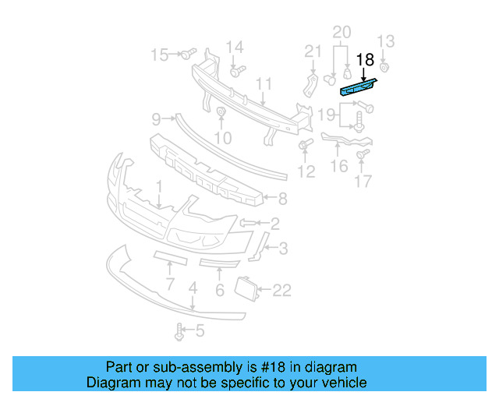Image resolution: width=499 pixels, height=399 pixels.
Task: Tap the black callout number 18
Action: tap(365, 59)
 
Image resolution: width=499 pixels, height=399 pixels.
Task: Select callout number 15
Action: tap(159, 55)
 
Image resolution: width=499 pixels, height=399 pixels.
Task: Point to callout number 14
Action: tap(235, 46)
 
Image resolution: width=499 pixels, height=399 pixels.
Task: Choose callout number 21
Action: tap(313, 51)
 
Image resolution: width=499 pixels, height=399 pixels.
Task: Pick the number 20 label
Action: tap(342, 32)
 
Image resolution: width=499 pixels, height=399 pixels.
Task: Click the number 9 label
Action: tap(156, 119)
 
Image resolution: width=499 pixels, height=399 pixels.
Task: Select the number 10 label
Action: tap(223, 139)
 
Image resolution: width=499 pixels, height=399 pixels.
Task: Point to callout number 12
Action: tap(306, 171)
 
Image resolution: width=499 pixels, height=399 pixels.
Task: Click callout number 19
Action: tap(327, 115)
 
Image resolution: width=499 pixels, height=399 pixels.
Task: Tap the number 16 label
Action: tap(339, 166)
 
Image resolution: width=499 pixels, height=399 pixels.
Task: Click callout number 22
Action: tap(281, 291)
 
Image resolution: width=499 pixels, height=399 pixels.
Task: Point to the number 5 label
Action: tap(200, 332)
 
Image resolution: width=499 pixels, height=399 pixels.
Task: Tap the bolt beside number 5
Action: tap(181, 332)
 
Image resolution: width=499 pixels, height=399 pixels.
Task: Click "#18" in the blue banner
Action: tap(277, 367)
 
